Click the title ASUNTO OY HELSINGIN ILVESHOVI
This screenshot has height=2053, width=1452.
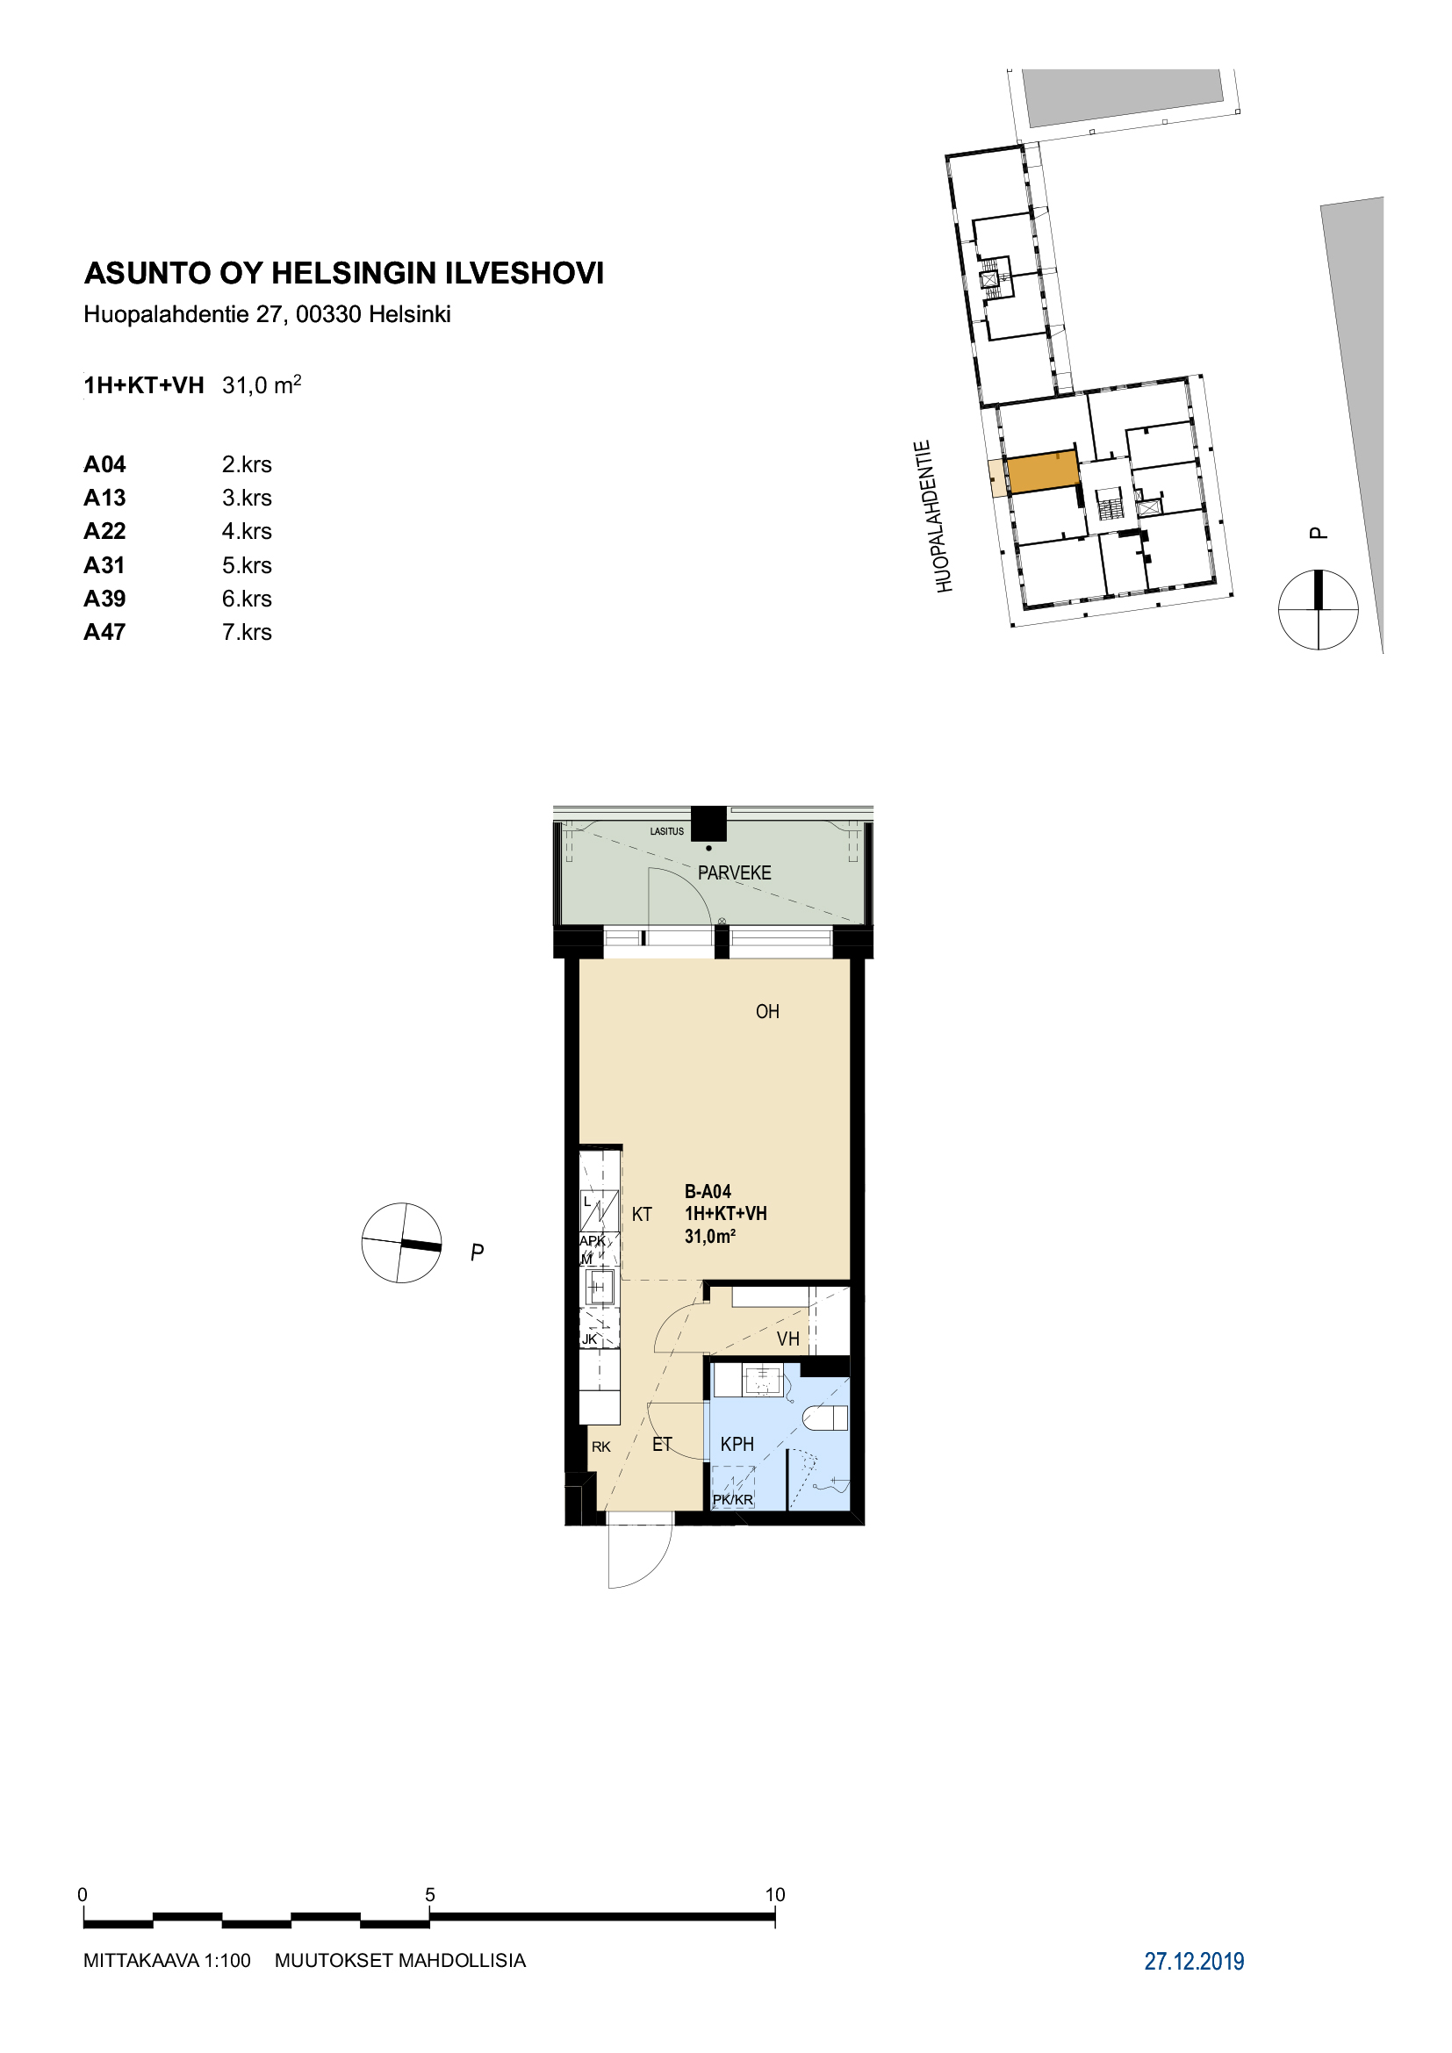coord(344,273)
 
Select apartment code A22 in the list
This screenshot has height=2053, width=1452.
coord(104,531)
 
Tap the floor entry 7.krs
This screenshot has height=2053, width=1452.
coord(247,632)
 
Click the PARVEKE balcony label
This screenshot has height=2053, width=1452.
coord(734,872)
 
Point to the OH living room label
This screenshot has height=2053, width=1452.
coord(767,1011)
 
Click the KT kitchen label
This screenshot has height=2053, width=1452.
coord(642,1214)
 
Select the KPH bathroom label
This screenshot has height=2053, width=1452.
coord(737,1444)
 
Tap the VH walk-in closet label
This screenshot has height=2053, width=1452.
coord(787,1339)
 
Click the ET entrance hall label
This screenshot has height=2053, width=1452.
coord(662,1444)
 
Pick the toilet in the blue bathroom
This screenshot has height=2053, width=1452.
coord(825,1418)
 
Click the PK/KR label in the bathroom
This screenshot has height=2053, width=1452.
coord(732,1499)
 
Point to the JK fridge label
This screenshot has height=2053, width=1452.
coord(589,1339)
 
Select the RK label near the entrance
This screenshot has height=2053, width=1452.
coord(600,1446)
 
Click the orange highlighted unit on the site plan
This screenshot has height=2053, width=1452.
coord(1043,471)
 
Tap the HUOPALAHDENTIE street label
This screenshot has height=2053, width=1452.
coord(934,516)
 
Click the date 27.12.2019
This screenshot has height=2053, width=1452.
coord(1195,1961)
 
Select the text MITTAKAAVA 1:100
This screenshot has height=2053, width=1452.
coord(167,1961)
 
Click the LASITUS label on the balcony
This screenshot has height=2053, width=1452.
coord(667,831)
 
